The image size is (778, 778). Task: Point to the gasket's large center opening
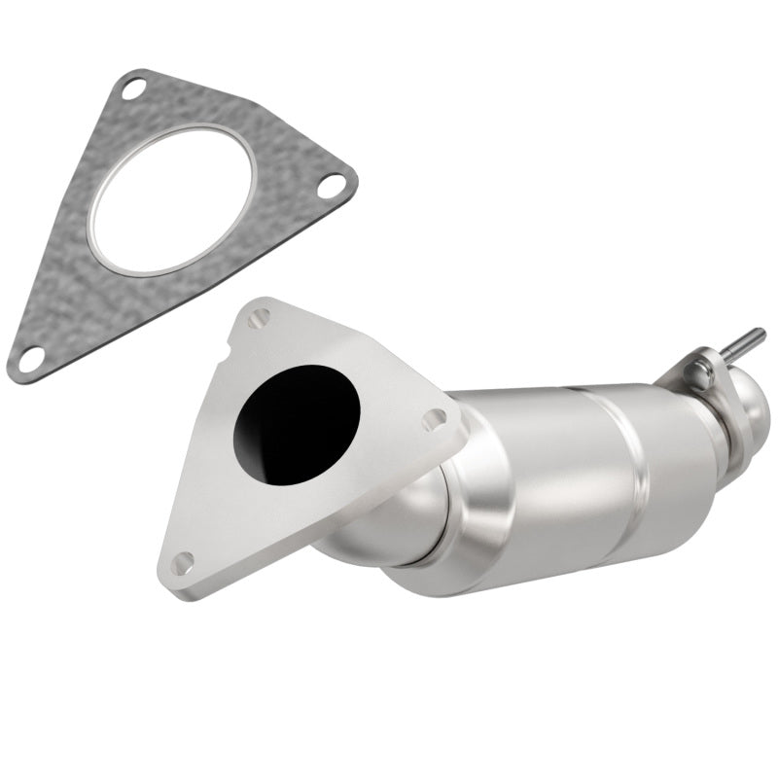173,200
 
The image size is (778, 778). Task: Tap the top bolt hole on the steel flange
259,318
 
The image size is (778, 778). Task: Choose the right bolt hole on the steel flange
434,419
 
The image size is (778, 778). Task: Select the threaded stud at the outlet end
746,339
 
